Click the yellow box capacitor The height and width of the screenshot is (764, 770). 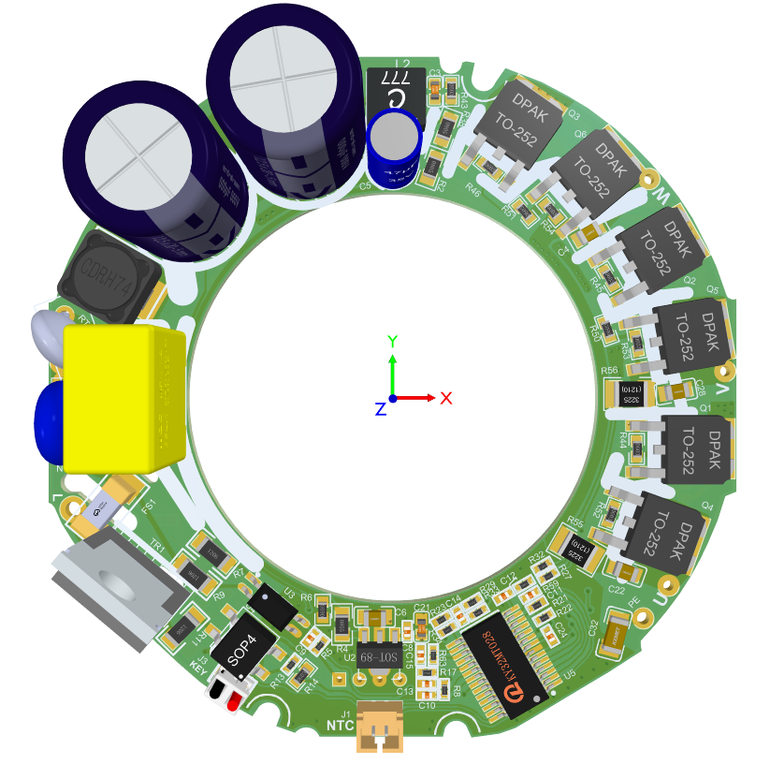click(122, 398)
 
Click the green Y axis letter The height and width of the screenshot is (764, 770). click(394, 341)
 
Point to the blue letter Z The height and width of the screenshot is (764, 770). click(380, 409)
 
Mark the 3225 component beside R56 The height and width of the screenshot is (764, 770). click(632, 394)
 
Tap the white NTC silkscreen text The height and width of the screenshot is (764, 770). click(340, 725)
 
